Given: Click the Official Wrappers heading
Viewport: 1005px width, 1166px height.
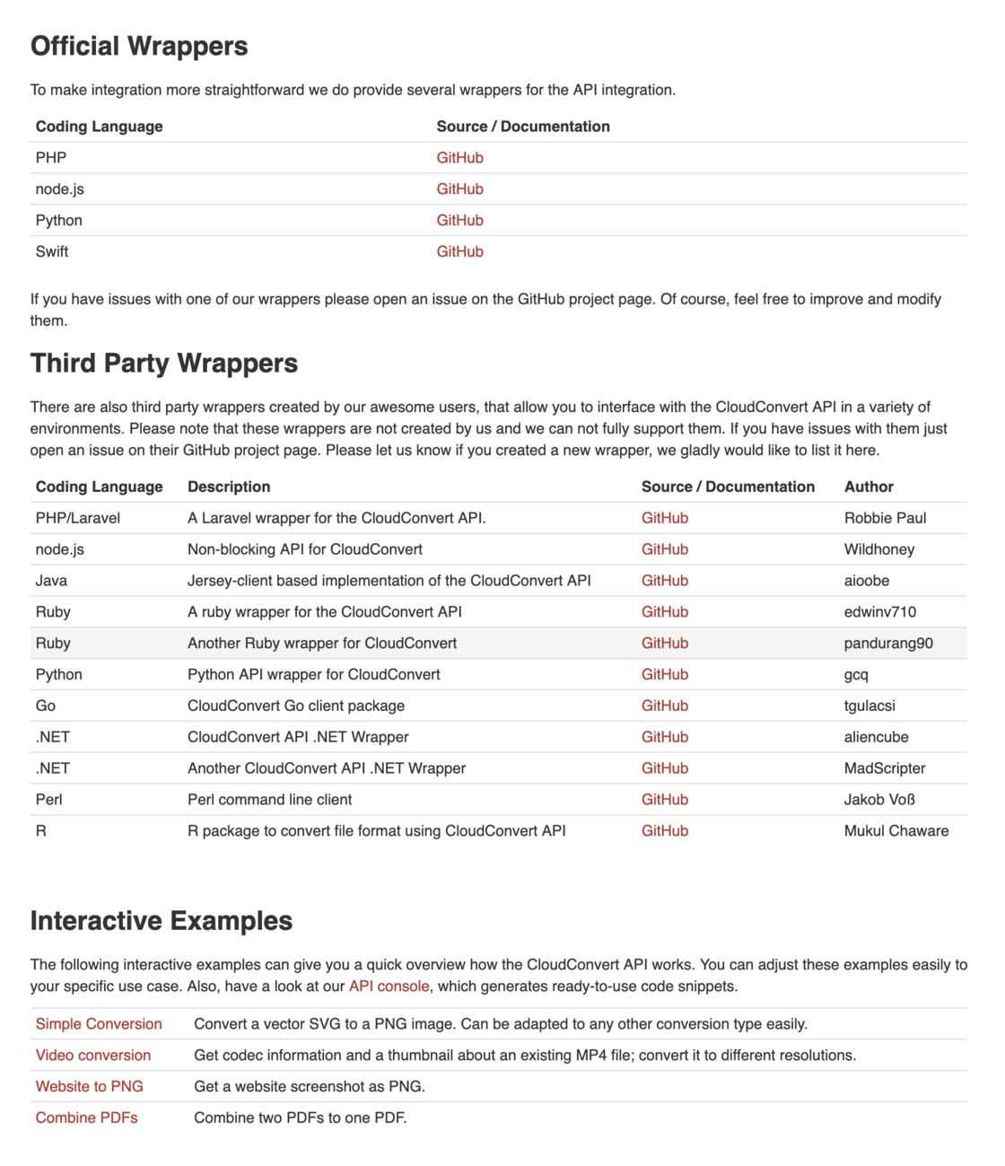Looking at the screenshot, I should (x=139, y=46).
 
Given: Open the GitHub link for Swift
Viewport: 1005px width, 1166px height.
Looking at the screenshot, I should (x=459, y=251).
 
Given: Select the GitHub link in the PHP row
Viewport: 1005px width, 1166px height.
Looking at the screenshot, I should (x=459, y=157).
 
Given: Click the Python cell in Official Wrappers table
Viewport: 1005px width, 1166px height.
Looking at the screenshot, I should (x=59, y=220).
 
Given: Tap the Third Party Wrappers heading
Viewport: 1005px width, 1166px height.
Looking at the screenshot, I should (x=164, y=363).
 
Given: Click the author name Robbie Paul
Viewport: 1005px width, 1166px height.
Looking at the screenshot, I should (x=885, y=518).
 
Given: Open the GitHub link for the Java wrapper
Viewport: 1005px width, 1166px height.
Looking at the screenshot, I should (x=664, y=581).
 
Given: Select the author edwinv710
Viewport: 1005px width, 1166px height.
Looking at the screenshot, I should (x=879, y=612).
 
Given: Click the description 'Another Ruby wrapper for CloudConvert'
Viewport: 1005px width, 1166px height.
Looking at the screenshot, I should (x=322, y=643).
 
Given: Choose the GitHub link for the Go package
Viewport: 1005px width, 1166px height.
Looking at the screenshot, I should (x=664, y=706).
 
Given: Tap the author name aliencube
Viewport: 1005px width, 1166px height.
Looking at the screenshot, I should (x=876, y=737).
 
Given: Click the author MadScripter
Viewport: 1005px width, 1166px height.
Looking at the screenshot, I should (x=885, y=768).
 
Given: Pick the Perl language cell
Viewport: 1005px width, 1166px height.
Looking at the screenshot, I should (x=49, y=800).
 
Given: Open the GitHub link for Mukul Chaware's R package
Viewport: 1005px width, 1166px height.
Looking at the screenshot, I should (x=664, y=831).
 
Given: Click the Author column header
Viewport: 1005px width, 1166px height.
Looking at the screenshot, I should (x=869, y=487).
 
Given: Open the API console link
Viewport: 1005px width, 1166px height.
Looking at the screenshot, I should (x=389, y=986).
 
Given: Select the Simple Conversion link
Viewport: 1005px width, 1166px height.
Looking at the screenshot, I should (x=99, y=1024).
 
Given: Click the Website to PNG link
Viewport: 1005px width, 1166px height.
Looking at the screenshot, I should (x=90, y=1086).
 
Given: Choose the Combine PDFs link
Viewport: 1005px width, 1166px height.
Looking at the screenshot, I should (x=87, y=1118).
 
